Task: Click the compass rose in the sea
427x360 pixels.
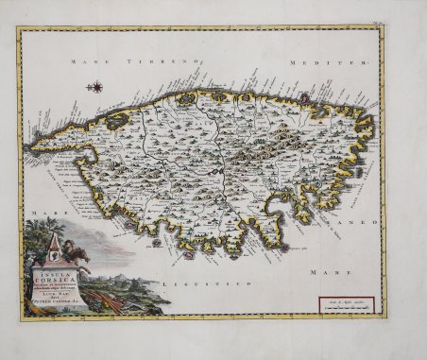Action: pos(95,88)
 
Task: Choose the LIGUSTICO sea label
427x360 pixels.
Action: pos(200,283)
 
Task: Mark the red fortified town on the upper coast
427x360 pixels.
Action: pos(185,96)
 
